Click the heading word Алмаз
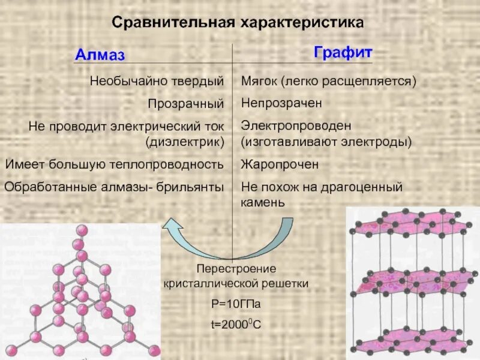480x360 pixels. coord(100,56)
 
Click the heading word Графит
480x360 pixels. coord(343,53)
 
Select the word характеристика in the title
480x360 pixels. coord(302,23)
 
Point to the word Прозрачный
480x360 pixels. coord(186,103)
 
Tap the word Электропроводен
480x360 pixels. coord(287,126)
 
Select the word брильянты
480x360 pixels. coord(191,187)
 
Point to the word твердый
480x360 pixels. coord(202,80)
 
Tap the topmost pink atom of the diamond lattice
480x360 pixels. coord(80,230)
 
